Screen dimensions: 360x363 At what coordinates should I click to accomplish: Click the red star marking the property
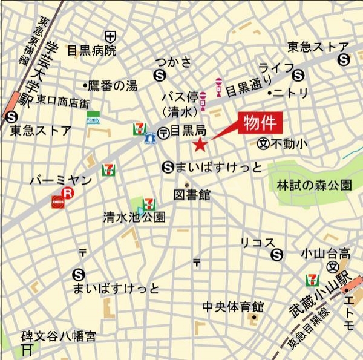tap(200, 144)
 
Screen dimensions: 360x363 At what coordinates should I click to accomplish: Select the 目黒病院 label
tap(91, 51)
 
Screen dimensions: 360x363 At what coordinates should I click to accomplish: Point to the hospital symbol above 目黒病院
tap(110, 36)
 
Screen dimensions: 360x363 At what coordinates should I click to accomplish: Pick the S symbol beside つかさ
tap(160, 75)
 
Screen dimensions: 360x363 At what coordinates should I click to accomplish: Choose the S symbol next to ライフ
tap(297, 75)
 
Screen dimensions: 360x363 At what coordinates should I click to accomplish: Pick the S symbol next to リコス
tap(277, 255)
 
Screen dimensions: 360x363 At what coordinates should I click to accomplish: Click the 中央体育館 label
tap(233, 306)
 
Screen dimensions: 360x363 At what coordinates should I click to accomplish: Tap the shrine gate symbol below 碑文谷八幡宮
tap(27, 349)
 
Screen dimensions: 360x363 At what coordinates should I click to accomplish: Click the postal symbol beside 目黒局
tap(163, 133)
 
